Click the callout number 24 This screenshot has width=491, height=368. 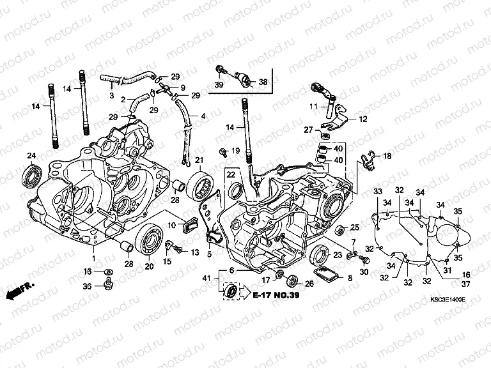pos(31,156)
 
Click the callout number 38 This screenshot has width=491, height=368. pos(263,82)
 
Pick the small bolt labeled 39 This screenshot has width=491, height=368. pos(220,70)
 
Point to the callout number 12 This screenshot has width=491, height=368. pos(380,119)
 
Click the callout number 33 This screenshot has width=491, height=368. pos(378,192)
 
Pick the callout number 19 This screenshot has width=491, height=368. pos(235,151)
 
